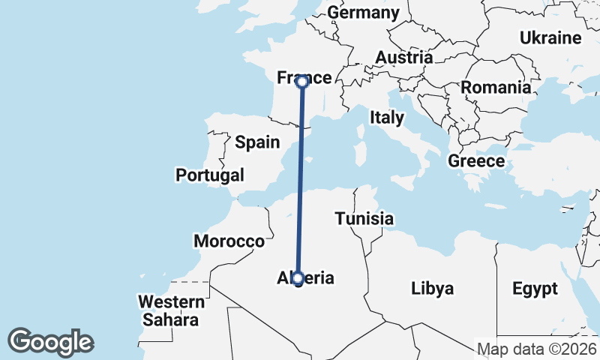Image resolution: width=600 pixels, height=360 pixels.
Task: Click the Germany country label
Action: click(364, 13)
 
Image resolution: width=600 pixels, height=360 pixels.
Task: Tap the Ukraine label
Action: click(550, 37)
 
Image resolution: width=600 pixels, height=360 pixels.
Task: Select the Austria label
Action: click(403, 58)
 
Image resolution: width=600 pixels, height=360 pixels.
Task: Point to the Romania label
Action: click(496, 87)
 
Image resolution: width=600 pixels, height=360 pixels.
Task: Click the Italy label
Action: click(387, 118)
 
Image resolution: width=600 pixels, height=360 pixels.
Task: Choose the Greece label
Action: click(476, 160)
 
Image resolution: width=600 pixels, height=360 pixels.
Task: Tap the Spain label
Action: click(257, 142)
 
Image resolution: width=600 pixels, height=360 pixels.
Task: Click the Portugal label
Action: click(210, 175)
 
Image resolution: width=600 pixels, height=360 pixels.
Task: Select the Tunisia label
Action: click(364, 219)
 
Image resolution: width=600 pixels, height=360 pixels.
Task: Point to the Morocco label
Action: click(229, 241)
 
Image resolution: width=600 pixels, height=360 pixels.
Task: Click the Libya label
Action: click(433, 288)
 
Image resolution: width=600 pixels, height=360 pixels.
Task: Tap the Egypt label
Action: click(535, 288)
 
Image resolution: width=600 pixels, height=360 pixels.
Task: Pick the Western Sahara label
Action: click(171, 311)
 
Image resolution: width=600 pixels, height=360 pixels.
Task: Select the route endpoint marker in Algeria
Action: click(298, 279)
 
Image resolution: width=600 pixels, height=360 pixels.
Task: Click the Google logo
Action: click(51, 342)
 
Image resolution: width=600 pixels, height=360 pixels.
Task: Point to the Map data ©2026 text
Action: click(537, 349)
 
